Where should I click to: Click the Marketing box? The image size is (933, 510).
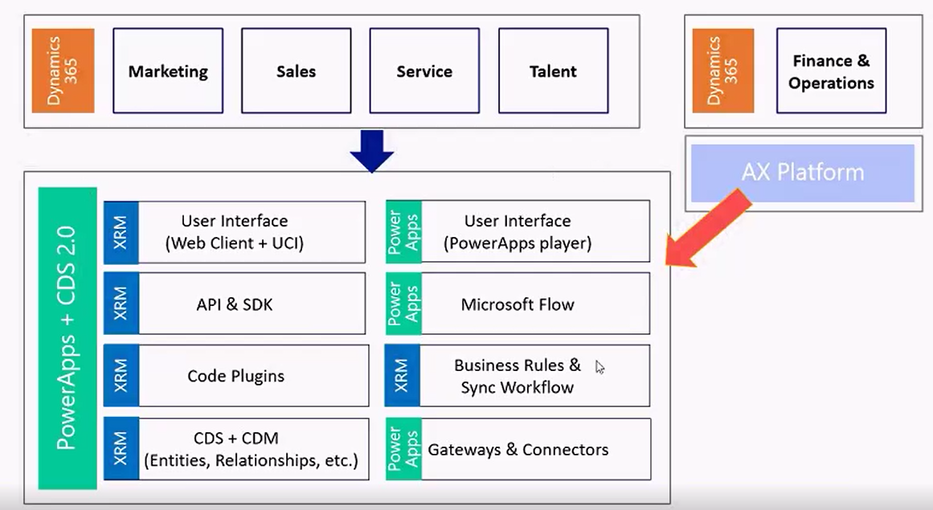coord(168,71)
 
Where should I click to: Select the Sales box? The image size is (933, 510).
coord(296,71)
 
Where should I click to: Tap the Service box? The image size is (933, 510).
coord(424,71)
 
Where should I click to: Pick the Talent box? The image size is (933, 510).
coord(553,71)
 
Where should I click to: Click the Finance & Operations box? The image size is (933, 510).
coord(831,71)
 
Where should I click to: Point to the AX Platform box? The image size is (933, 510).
coord(803,173)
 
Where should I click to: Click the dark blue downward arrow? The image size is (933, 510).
coord(371,150)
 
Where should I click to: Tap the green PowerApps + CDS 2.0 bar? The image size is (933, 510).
coord(68,338)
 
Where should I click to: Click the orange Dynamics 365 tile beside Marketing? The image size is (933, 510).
coord(63,71)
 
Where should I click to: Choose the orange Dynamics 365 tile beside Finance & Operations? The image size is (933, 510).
coord(722,71)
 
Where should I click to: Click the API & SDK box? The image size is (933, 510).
coord(234,304)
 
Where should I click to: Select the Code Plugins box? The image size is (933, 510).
coord(235,376)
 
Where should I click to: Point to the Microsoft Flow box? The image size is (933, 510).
coord(518,304)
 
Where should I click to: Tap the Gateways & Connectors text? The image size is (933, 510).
coord(518,450)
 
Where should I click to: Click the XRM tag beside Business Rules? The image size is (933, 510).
coord(403,376)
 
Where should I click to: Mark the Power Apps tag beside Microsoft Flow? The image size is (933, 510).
coord(403,304)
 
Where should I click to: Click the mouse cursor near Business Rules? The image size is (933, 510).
coord(599,367)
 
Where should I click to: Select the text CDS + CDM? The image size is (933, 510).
coord(235,439)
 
